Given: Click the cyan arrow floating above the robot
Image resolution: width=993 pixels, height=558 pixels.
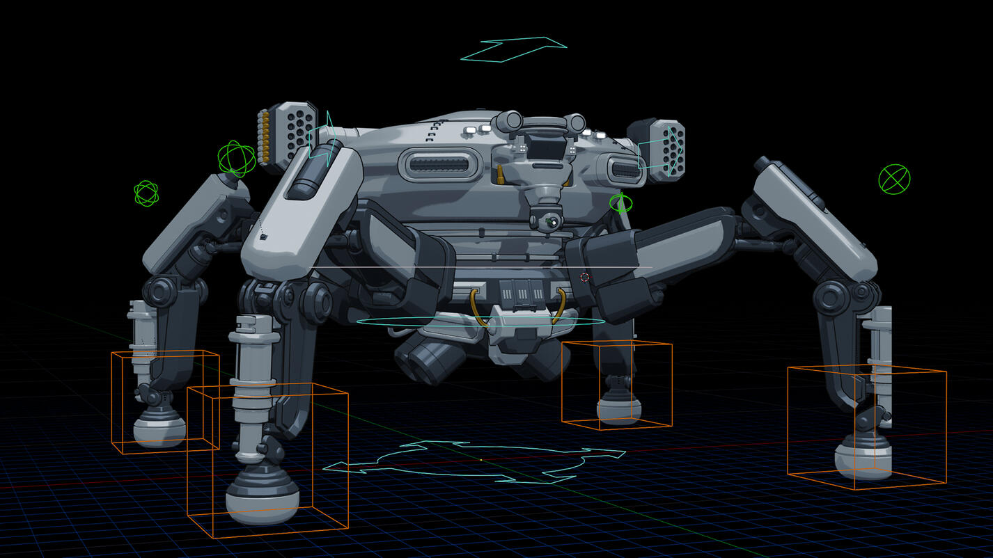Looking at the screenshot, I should tap(515, 49).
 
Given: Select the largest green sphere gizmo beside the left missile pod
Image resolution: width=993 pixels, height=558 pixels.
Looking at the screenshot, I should tap(235, 159).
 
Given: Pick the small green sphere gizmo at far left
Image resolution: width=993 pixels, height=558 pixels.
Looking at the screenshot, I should tap(146, 193).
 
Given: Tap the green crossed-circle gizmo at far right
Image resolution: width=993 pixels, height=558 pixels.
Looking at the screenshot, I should tap(894, 179).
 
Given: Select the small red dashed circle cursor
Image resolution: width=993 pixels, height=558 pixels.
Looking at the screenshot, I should tap(585, 277).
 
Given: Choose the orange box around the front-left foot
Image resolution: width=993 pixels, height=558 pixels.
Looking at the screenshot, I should tap(268, 461).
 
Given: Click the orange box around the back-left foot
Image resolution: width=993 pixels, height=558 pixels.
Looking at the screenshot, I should tap(165, 401).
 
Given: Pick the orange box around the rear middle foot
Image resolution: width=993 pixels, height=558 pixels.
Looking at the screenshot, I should tap(616, 384).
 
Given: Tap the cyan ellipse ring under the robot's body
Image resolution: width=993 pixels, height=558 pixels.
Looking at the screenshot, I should tap(480, 321).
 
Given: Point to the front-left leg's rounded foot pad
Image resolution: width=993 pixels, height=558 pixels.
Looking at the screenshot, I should tap(263, 497).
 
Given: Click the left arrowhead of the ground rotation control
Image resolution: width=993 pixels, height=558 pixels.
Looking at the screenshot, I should tap(337, 468).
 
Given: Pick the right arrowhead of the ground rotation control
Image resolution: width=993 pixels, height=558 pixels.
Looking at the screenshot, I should tap(613, 454).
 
